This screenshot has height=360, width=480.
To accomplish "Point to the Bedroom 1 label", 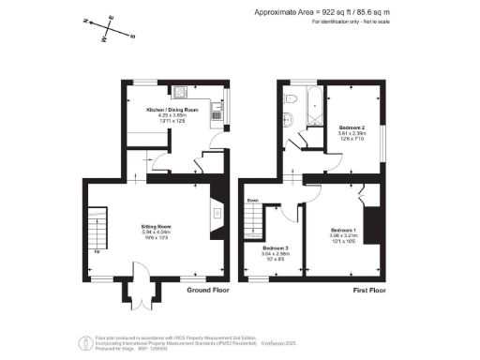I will (x=343, y=231).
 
